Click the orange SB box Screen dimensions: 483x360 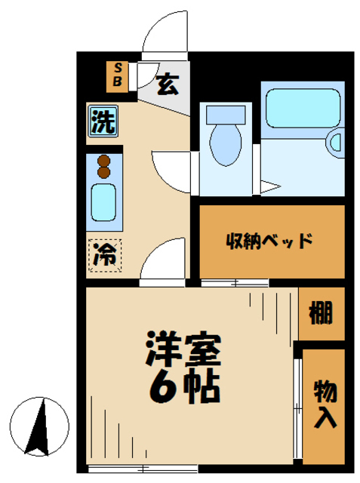tap(118, 76)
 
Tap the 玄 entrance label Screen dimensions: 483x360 tap(168, 85)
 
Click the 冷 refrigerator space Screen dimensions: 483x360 tap(103, 254)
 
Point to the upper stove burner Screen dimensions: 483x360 tap(104, 160)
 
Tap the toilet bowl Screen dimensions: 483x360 tap(225, 143)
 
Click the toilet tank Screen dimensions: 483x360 tap(225, 114)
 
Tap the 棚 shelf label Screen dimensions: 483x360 tap(321, 312)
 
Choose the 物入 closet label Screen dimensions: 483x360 tap(324, 404)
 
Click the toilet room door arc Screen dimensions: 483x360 tap(172, 170)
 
